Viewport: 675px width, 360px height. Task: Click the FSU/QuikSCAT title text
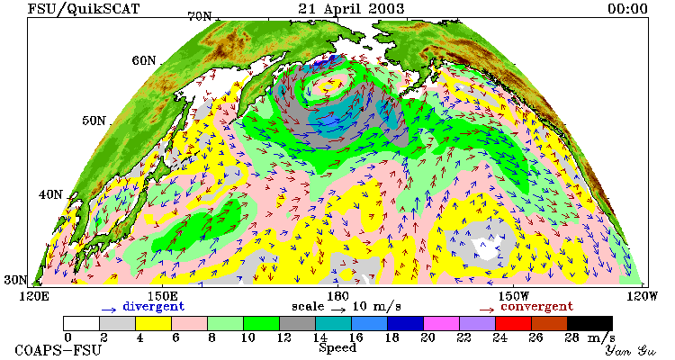pyautogui.click(x=84, y=9)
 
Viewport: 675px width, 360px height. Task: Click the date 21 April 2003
pyautogui.click(x=351, y=9)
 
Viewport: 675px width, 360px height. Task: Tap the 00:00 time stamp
pyautogui.click(x=627, y=9)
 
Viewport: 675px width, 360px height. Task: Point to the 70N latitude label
pyautogui.click(x=200, y=17)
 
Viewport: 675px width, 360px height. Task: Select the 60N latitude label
pyautogui.click(x=144, y=60)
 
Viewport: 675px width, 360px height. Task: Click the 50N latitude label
pyautogui.click(x=94, y=121)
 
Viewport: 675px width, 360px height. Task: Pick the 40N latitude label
pyautogui.click(x=50, y=194)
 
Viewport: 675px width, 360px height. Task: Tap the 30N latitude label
pyautogui.click(x=15, y=280)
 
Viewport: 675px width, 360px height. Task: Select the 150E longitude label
pyautogui.click(x=162, y=296)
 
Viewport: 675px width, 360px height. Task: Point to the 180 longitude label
pyautogui.click(x=337, y=296)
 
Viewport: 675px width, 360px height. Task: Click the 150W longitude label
pyautogui.click(x=513, y=296)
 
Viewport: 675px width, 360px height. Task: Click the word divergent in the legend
pyautogui.click(x=154, y=307)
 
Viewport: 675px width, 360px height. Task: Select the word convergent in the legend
pyautogui.click(x=536, y=307)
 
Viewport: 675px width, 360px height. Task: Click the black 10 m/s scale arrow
pyautogui.click(x=338, y=309)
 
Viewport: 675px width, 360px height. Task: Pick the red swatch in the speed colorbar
pyautogui.click(x=513, y=323)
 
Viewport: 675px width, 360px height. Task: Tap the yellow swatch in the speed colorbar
pyautogui.click(x=153, y=323)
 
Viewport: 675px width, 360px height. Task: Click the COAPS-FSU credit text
pyautogui.click(x=58, y=350)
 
